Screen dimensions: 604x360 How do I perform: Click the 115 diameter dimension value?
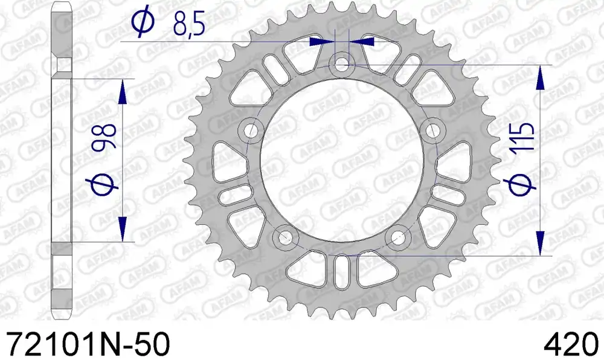pos(522,137)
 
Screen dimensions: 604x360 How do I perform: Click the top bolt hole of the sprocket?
pos(341,63)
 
